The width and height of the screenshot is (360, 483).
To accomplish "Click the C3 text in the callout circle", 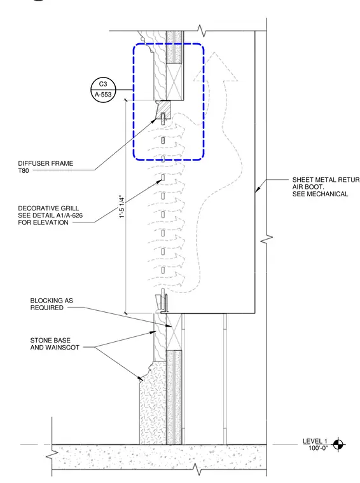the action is [x=103, y=84].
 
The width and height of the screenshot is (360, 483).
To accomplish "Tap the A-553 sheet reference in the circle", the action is [x=103, y=95].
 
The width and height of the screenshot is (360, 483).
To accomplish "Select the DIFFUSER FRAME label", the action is [x=46, y=163].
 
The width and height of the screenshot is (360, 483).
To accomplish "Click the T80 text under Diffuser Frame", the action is [x=24, y=171].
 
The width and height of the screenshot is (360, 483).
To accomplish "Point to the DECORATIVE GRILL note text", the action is [x=50, y=215].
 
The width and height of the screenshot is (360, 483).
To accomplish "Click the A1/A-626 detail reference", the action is [x=68, y=215].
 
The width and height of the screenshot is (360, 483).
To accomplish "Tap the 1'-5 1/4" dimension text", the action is [x=122, y=207].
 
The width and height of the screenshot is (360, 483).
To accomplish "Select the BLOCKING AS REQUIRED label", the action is [x=52, y=304].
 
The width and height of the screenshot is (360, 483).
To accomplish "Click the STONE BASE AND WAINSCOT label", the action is [x=55, y=344].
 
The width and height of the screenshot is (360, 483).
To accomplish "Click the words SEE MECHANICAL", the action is [x=320, y=194].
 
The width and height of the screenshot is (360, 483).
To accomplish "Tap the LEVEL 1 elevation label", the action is [x=315, y=441].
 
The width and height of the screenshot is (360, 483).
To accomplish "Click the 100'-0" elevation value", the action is [x=318, y=448].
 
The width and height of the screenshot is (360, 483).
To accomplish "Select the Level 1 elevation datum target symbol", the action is [x=338, y=444].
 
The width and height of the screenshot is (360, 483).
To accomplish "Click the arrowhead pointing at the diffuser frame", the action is [x=154, y=120].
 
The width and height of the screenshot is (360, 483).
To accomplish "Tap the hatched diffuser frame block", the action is [x=163, y=109].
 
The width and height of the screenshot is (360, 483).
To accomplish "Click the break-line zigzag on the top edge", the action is [x=202, y=31].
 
